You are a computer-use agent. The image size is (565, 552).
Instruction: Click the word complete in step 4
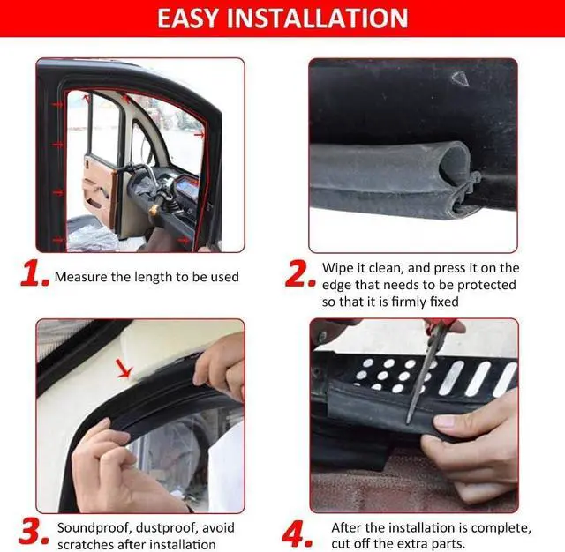[x=503, y=527]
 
